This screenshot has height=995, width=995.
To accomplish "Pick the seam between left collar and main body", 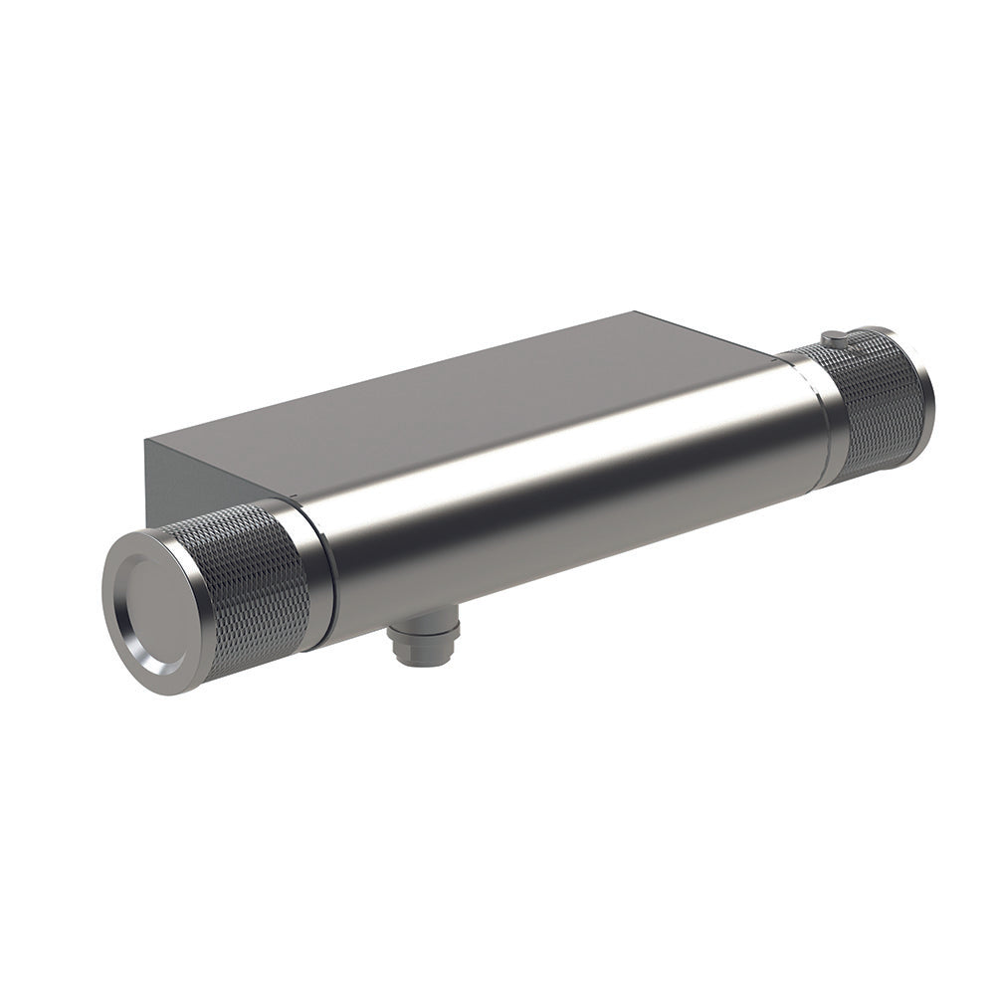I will click(x=320, y=577).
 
